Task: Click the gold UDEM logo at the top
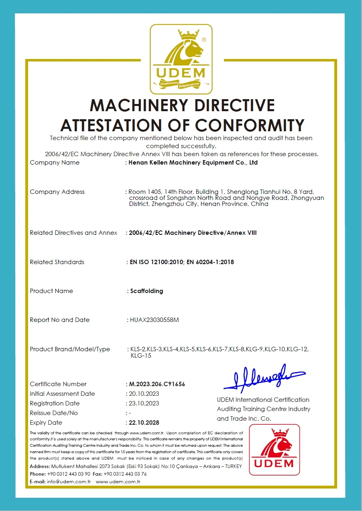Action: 181,59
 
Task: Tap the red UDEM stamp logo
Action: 274,450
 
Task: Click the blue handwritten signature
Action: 264,377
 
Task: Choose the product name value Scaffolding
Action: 146,291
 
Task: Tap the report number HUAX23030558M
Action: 155,320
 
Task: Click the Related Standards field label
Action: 57,262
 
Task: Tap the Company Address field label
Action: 57,192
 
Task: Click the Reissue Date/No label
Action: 54,413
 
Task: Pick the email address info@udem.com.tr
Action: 69,481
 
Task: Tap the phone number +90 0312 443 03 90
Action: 69,474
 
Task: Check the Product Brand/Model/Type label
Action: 70,349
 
